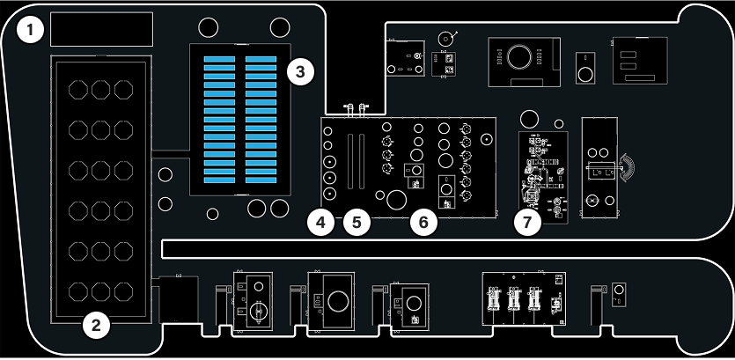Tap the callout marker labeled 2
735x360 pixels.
pos(96,326)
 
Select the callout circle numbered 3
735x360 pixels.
pos(300,72)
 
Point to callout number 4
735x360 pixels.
pos(321,223)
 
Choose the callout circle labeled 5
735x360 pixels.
pos(356,223)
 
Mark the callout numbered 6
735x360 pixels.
pos(423,223)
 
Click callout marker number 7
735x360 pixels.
pos(527,223)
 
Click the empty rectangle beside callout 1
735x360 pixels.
pos(102,29)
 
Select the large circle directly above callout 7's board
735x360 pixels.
pos(529,119)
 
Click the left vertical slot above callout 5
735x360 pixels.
pos(350,162)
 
